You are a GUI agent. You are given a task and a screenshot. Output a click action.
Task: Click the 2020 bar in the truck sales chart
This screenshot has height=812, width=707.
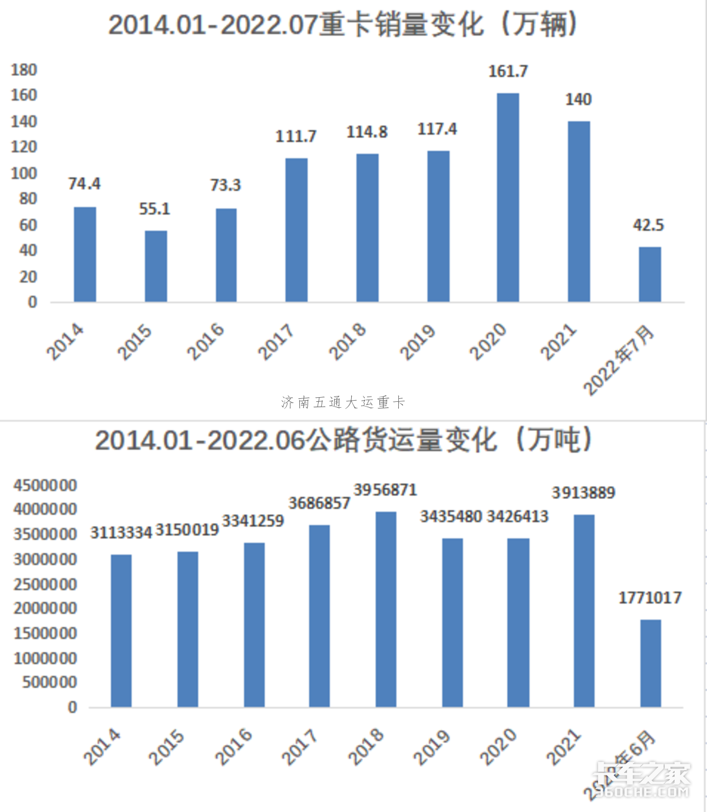[x=508, y=197]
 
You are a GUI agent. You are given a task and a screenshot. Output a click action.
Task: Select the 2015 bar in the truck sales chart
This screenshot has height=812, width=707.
[x=156, y=266]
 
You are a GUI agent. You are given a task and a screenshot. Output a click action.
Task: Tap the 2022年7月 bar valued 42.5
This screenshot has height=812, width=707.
[x=650, y=275]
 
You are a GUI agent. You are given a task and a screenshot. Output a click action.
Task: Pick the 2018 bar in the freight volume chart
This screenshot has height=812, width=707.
[x=386, y=609]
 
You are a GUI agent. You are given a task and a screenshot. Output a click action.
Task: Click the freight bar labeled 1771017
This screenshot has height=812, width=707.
[x=650, y=663]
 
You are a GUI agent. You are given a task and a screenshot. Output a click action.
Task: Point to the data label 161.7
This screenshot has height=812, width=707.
[x=508, y=72]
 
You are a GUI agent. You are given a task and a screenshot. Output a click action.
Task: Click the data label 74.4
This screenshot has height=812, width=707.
[x=84, y=184]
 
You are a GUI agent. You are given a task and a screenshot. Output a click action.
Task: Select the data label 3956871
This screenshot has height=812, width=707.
[x=385, y=490]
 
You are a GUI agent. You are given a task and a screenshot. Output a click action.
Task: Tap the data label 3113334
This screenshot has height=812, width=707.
[x=121, y=533]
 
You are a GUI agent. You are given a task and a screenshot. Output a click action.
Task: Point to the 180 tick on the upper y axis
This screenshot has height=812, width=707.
[x=24, y=70]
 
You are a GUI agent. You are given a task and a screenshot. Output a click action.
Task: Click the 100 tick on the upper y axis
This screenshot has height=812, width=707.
[x=24, y=173]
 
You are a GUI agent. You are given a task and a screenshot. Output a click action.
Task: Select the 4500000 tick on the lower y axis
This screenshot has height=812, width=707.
[x=45, y=486]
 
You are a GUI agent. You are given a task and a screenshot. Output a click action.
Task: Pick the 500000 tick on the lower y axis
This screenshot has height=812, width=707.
[x=50, y=682]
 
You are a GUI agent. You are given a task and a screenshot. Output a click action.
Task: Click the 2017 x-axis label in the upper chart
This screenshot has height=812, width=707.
[x=276, y=342]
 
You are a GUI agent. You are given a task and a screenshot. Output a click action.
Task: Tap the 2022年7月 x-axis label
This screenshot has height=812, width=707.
[x=619, y=359]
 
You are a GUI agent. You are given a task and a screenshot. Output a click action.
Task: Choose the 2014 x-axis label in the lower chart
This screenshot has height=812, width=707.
[x=102, y=747]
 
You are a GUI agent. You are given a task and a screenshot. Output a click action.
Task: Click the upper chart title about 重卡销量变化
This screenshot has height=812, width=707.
[x=342, y=25]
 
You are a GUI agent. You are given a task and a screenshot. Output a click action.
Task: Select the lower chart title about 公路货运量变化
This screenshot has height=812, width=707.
[x=343, y=440]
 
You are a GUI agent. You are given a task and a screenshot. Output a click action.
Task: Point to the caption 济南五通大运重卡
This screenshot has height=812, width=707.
[x=343, y=402]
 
